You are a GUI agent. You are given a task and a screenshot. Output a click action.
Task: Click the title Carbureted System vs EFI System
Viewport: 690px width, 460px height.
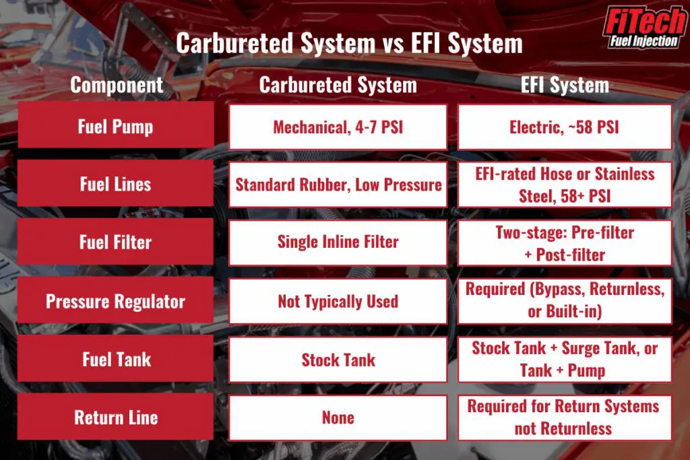(349, 44)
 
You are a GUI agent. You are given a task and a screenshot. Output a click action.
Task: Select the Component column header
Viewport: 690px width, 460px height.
(117, 85)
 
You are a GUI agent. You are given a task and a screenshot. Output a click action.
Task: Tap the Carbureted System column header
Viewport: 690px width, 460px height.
(338, 85)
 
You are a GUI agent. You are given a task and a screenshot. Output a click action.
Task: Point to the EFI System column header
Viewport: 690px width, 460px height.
(565, 85)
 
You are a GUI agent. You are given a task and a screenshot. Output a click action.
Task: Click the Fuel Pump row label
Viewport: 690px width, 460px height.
(116, 126)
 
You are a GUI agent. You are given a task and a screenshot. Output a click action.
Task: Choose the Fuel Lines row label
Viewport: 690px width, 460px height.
(116, 184)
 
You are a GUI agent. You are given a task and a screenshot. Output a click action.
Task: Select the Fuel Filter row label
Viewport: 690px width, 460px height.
(116, 242)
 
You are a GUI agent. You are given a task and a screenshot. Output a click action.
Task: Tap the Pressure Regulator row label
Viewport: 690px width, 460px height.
(116, 300)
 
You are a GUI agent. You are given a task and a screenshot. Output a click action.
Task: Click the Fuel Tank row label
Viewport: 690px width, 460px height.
(116, 359)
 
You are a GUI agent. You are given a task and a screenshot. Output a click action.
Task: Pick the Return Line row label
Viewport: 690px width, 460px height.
(116, 417)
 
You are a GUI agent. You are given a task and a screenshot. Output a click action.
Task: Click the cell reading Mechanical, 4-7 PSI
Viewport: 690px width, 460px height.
(338, 126)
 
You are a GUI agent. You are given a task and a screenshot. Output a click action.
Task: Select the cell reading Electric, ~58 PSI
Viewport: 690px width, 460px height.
(565, 126)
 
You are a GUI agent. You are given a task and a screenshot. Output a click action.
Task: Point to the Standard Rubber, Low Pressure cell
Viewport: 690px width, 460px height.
(338, 184)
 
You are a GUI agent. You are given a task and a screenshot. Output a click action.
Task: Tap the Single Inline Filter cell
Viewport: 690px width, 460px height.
(338, 242)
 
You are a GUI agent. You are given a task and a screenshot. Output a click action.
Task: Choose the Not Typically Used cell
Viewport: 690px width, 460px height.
(338, 300)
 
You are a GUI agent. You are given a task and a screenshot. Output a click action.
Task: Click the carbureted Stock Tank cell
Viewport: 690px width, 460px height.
(338, 359)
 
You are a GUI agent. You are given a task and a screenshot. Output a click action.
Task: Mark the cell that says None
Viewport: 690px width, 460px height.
(338, 417)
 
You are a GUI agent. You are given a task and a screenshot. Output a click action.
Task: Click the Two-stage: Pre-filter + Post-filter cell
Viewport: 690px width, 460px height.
(565, 242)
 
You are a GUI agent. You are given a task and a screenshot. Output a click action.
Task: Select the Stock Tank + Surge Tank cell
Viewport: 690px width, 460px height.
(565, 359)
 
